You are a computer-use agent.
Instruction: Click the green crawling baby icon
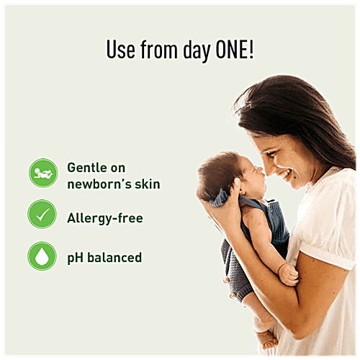[x=42, y=173]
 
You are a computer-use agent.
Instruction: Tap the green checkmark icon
[x=42, y=215]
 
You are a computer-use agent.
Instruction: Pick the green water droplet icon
[x=42, y=256]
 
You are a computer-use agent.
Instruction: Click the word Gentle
[x=86, y=167]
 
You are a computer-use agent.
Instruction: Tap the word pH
[x=76, y=257]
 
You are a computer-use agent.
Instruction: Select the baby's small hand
[x=288, y=274]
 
